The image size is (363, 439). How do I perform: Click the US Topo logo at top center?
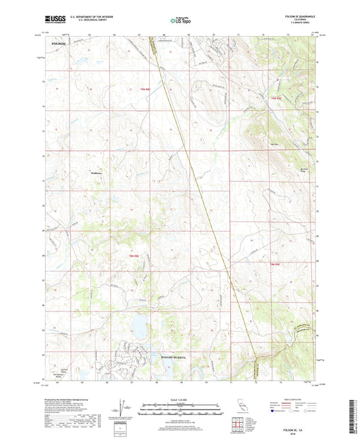pyautogui.click(x=180, y=21)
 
